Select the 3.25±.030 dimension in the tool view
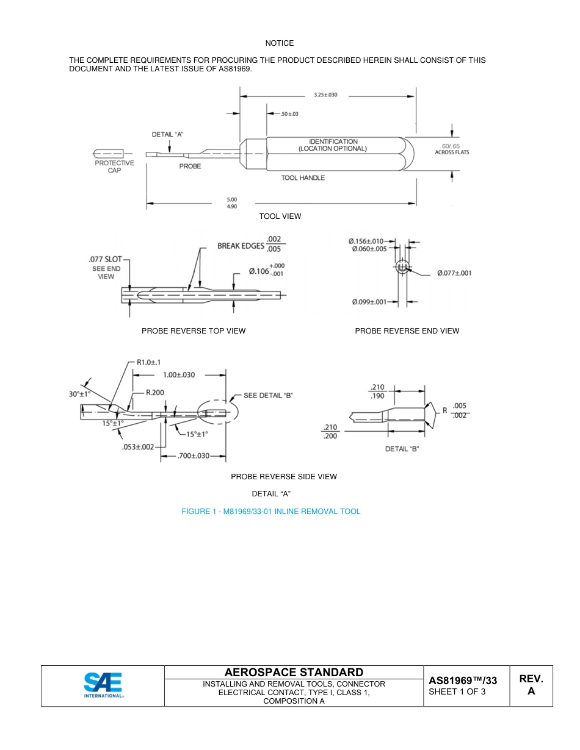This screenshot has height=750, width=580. [x=325, y=95]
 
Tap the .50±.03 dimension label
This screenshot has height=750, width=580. [x=289, y=114]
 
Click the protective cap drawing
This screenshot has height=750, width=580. [x=109, y=152]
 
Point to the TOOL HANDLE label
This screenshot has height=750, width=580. [x=303, y=178]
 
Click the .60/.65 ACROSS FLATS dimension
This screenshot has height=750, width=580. [x=452, y=149]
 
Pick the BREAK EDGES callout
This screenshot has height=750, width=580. [x=241, y=246]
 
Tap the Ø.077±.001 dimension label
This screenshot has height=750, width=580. [x=454, y=273]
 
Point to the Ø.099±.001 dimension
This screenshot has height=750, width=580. [x=369, y=302]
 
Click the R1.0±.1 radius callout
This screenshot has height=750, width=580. [x=148, y=362]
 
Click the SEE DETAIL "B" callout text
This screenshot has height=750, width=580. [x=268, y=395]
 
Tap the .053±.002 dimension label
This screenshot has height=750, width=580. [x=138, y=446]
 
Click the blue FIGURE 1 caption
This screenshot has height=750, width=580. [x=271, y=512]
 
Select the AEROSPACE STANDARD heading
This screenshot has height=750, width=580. [x=294, y=672]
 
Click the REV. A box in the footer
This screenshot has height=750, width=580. [x=531, y=685]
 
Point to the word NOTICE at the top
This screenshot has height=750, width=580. [x=279, y=43]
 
